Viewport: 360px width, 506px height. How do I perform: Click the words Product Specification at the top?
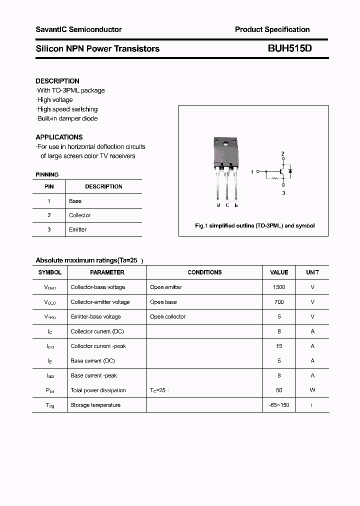[272, 29]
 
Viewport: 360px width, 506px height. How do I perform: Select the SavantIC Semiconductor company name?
[78, 29]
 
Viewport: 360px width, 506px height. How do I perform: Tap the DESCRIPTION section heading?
[57, 81]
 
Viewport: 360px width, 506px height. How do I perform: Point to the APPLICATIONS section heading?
[59, 137]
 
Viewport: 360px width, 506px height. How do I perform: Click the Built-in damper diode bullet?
[67, 118]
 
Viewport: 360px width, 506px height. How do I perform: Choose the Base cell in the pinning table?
[75, 201]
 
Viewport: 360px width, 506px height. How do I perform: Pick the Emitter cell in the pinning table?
[77, 229]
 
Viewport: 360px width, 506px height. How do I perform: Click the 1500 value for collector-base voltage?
[279, 287]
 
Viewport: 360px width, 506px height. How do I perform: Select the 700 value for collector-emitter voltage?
[279, 302]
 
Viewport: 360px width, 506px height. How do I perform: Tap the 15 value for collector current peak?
[279, 346]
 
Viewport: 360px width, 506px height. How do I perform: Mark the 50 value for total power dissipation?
[279, 390]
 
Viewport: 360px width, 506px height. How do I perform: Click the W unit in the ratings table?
[312, 390]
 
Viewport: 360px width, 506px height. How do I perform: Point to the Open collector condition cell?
[167, 316]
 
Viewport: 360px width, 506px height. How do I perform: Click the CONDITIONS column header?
[204, 272]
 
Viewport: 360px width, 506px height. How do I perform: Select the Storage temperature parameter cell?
[95, 405]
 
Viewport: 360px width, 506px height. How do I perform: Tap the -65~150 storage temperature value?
[279, 405]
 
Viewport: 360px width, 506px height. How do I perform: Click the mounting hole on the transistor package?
[225, 145]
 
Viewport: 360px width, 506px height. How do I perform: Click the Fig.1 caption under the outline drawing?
[254, 226]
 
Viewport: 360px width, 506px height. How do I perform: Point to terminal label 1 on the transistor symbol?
[252, 171]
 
